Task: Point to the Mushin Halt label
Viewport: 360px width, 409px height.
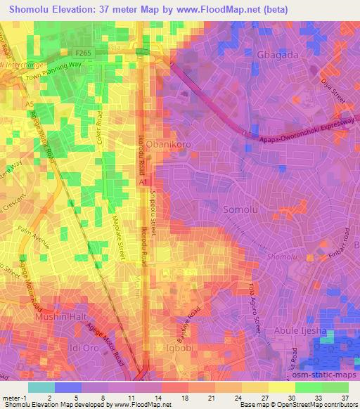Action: [60, 317]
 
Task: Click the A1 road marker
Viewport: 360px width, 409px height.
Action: [143, 181]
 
